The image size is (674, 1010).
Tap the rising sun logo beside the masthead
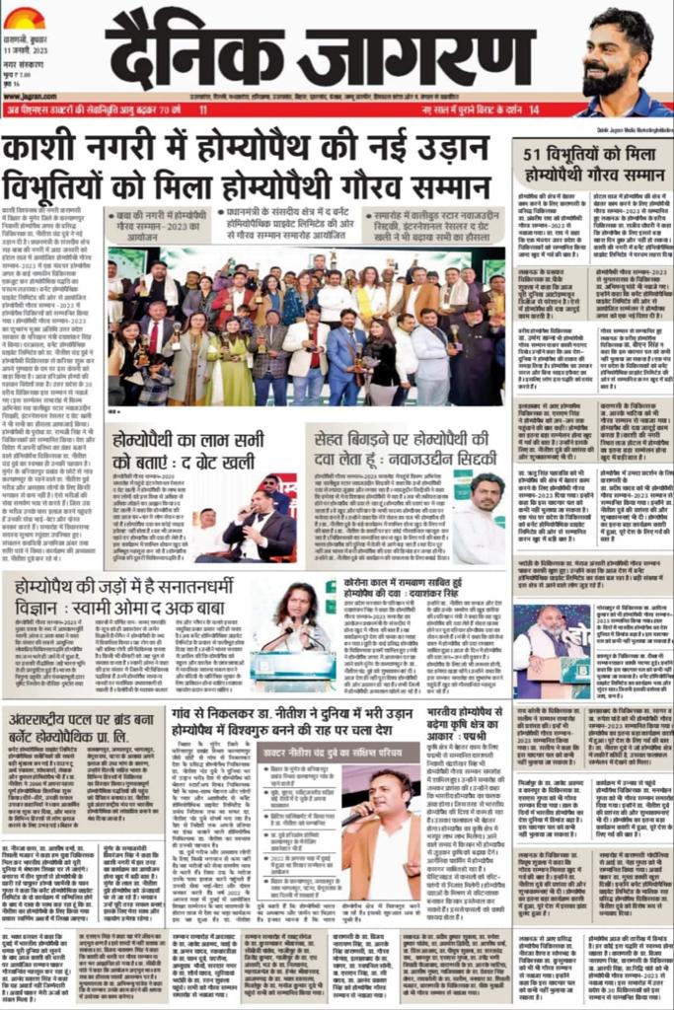24,17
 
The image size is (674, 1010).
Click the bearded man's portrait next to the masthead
622,59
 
